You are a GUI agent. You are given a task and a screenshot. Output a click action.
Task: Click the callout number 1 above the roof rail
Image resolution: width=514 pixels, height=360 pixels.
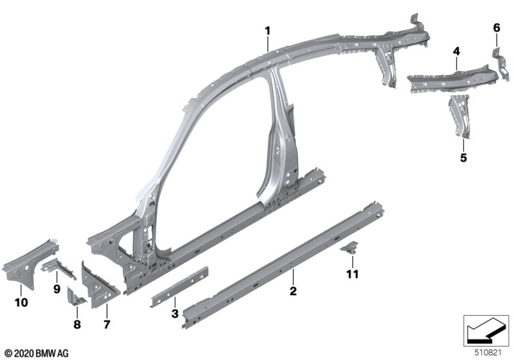pyautogui.click(x=268, y=31)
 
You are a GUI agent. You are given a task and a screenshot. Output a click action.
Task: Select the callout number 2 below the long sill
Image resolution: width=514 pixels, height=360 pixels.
pyautogui.click(x=293, y=291)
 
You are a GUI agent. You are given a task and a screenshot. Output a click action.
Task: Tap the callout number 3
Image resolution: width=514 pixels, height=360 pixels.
pyautogui.click(x=175, y=314)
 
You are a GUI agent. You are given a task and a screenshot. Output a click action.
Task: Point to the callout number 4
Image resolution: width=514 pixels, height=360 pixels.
pyautogui.click(x=456, y=51)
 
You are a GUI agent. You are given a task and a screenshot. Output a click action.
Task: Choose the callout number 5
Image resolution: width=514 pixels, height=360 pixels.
pyautogui.click(x=463, y=157)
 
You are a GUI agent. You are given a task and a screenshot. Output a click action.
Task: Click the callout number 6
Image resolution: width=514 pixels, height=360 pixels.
pyautogui.click(x=497, y=28)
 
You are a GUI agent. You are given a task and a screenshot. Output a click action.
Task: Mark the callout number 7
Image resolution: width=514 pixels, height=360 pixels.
pyautogui.click(x=107, y=324)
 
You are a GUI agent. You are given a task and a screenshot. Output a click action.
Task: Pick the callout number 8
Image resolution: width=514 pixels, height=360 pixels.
pyautogui.click(x=77, y=324)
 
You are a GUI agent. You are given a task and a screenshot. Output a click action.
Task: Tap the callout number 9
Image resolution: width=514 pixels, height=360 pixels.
pyautogui.click(x=57, y=289)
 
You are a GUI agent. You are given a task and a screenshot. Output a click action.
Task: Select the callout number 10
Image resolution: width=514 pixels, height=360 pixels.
pyautogui.click(x=21, y=302)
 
